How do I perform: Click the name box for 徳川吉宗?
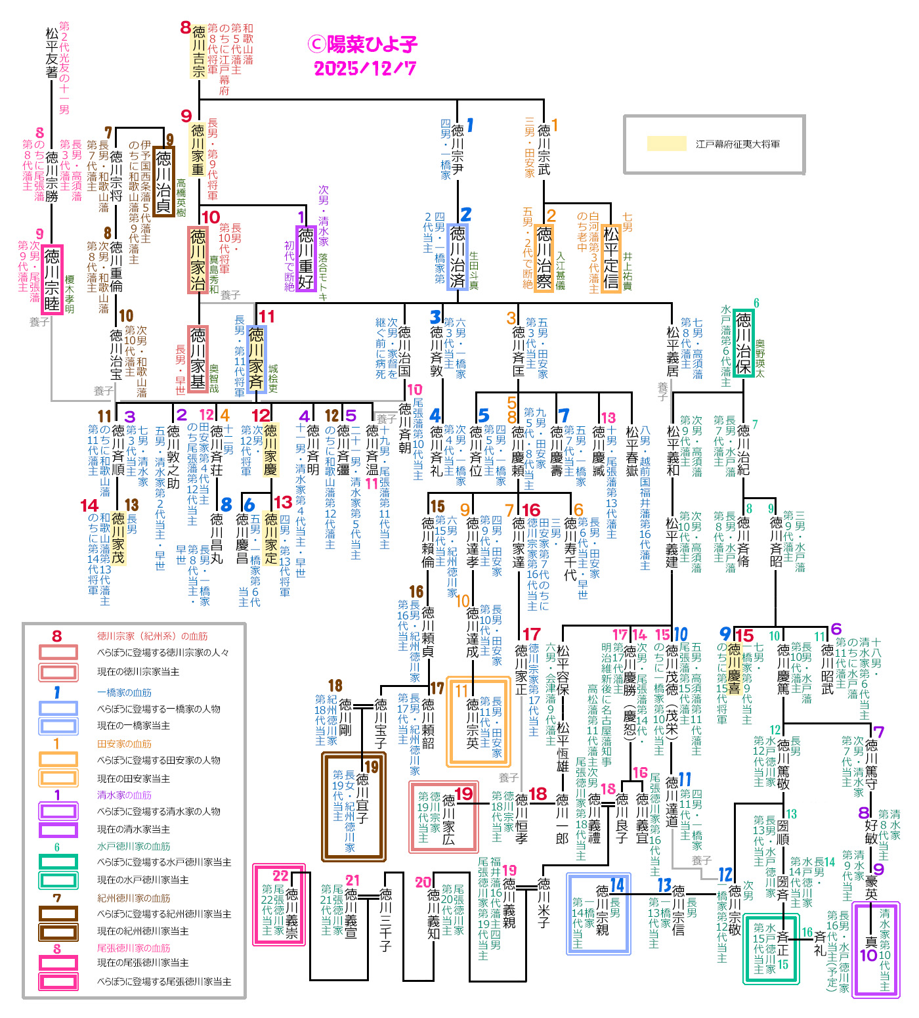click(198, 51)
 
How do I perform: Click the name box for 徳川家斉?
click(256, 359)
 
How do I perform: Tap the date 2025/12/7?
click(365, 68)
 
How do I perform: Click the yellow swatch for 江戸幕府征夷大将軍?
click(666, 144)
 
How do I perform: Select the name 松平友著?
click(52, 53)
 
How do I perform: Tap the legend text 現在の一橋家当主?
click(134, 726)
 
